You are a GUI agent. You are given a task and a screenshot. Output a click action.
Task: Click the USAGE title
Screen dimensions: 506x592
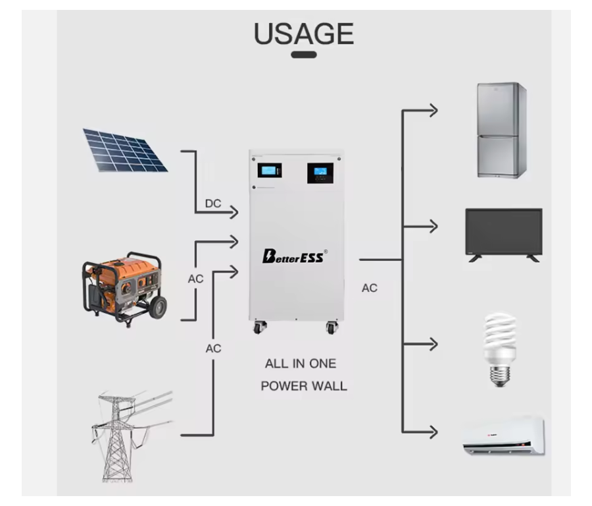(303, 34)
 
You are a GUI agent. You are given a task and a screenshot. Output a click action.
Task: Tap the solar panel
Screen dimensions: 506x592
(124, 150)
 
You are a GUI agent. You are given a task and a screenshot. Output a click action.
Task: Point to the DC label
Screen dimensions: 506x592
(213, 204)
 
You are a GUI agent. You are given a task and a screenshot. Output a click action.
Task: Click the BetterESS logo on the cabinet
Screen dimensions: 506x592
(294, 256)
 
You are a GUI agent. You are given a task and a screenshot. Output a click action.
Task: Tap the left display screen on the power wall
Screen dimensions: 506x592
(269, 170)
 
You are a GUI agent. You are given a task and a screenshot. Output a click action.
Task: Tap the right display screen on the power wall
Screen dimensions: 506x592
(320, 173)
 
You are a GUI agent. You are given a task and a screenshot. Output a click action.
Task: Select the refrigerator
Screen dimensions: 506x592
(502, 130)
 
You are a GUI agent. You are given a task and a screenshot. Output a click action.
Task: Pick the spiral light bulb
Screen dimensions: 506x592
(500, 349)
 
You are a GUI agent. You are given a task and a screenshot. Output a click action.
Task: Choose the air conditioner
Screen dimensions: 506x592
(503, 436)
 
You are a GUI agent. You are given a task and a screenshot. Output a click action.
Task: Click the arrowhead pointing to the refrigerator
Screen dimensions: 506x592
(432, 110)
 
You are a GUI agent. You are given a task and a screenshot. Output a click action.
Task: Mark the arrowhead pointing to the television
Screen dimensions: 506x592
(432, 227)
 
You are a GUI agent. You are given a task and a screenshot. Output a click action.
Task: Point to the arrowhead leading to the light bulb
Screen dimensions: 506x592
(432, 343)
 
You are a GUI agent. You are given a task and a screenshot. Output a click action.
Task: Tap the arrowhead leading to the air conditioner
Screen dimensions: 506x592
(432, 432)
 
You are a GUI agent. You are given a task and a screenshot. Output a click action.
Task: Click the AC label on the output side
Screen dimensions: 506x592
(370, 288)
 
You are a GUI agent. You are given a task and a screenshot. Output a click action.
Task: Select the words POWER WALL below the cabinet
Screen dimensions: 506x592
(303, 386)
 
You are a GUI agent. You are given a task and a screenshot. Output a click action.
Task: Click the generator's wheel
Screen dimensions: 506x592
(158, 307)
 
